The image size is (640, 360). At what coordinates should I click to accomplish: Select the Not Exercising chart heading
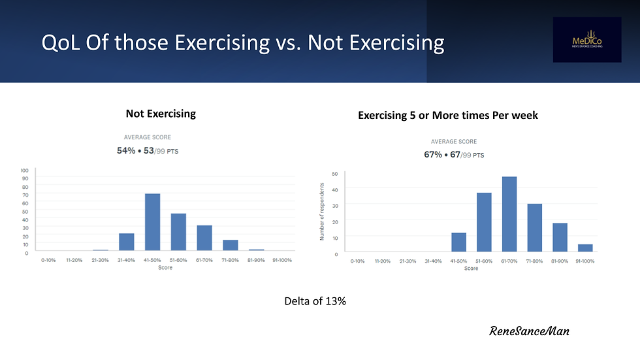[x=161, y=114]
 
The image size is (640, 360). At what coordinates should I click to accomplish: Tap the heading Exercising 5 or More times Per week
[x=448, y=116]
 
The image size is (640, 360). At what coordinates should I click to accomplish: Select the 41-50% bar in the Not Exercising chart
[x=152, y=222]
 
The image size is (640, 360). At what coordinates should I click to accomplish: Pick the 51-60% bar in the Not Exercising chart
[x=178, y=232]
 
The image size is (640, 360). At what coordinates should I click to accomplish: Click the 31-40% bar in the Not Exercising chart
[x=126, y=242]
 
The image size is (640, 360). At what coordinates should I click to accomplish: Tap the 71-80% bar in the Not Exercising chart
[x=231, y=245]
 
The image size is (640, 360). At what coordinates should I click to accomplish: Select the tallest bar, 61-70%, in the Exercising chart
[x=509, y=214]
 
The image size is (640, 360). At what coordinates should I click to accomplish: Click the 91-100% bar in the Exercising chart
[x=586, y=248]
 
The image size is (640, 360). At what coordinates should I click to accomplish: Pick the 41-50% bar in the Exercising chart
[x=459, y=242]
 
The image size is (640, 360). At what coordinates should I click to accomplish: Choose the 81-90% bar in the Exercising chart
[x=560, y=237]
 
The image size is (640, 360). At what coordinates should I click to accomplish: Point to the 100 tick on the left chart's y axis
[x=24, y=170]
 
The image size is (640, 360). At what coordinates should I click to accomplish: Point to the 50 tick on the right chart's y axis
[x=334, y=173]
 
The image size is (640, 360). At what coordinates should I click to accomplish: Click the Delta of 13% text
[x=315, y=301]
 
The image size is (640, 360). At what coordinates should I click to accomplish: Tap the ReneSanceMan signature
[x=529, y=331]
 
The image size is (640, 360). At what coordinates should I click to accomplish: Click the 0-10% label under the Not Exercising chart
[x=48, y=260]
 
